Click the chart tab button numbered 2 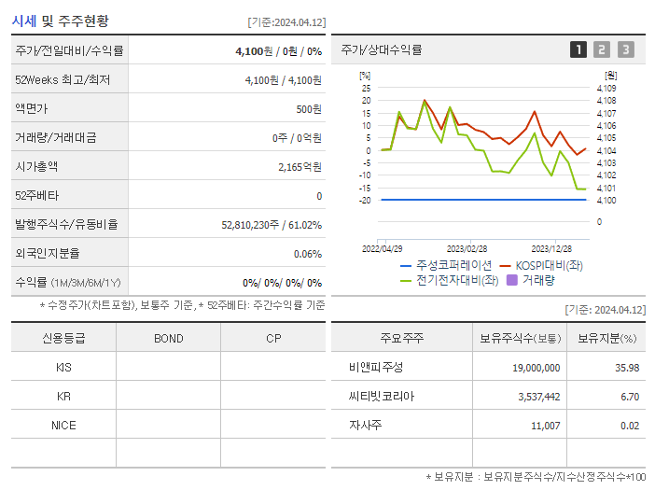coord(602,49)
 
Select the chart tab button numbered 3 coord(625,49)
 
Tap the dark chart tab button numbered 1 coord(578,49)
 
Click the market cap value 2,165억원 coord(300,167)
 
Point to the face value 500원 coord(309,109)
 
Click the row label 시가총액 coord(36,167)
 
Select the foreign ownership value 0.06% coord(307,254)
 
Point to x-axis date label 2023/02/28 coord(467,249)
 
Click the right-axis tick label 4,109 coord(606,88)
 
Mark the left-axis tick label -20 coord(365,200)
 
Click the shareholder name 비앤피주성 coord(371,368)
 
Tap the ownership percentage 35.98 coord(627,368)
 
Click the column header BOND coord(169,338)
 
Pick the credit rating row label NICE coord(63,425)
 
